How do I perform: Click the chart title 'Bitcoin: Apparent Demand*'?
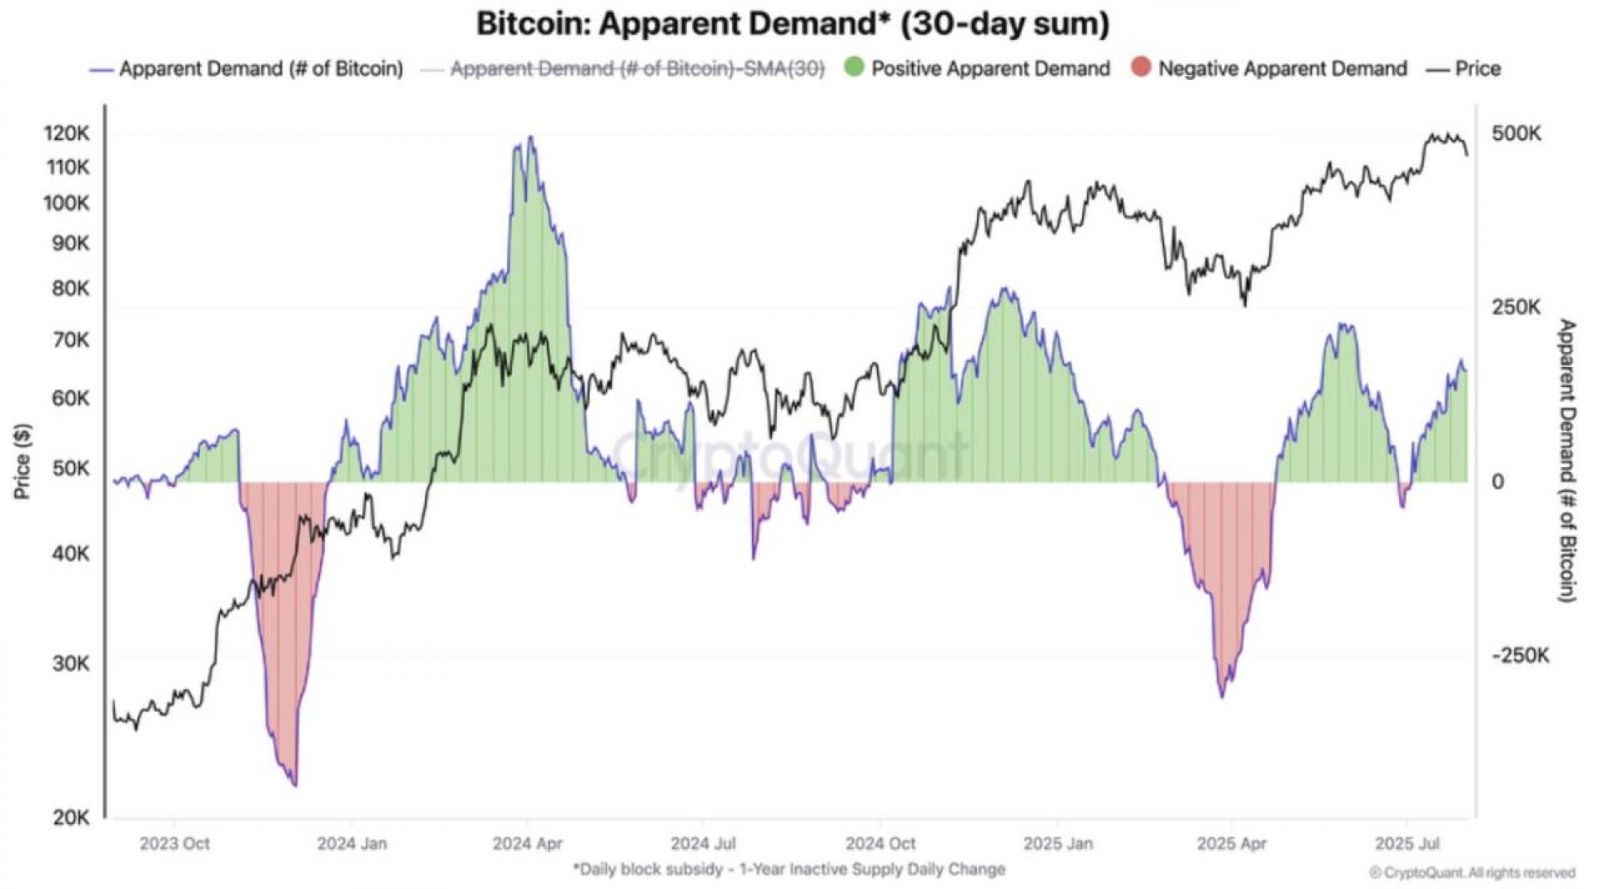(x=792, y=23)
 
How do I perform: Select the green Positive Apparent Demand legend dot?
(x=854, y=67)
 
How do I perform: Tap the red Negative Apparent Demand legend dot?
(x=1141, y=67)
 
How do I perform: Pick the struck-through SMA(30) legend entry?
(x=637, y=69)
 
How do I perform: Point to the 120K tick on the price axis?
(x=67, y=133)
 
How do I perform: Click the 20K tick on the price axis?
(x=70, y=817)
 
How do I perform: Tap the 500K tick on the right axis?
(x=1516, y=133)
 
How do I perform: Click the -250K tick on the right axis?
(x=1520, y=656)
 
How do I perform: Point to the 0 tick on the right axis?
(x=1497, y=482)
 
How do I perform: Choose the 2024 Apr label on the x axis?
(x=527, y=843)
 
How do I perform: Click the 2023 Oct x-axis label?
(x=174, y=843)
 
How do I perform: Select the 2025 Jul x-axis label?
(x=1407, y=843)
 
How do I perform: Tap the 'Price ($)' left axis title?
(x=22, y=461)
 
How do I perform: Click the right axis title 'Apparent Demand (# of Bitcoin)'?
(x=1567, y=460)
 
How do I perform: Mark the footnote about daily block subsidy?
(x=789, y=869)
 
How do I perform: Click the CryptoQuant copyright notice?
(x=1472, y=872)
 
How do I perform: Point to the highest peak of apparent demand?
(x=531, y=137)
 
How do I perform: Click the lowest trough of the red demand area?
(x=295, y=785)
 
